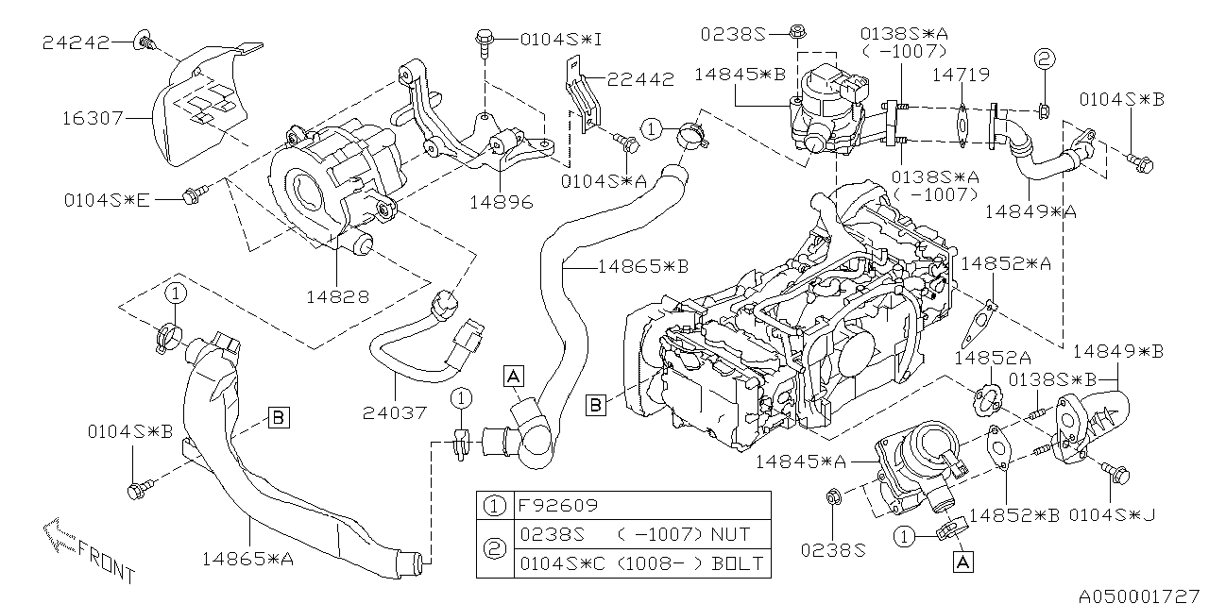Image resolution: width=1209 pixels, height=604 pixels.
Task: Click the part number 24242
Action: coord(75,42)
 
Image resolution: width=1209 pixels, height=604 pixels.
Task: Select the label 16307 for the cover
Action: coord(92,119)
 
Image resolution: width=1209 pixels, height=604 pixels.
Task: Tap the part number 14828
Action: coord(336,296)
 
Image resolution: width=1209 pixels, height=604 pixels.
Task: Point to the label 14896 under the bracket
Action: coord(501,202)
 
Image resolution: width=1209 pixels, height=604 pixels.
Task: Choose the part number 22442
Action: coord(641,80)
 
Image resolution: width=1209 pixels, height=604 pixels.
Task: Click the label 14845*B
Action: coord(740,75)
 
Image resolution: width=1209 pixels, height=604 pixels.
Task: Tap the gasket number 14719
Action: coord(962,74)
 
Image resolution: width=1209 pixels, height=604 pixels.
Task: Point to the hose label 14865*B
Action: coord(642,267)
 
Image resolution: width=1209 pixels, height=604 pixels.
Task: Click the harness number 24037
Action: coord(395,412)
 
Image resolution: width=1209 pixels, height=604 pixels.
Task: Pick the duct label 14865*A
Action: coord(247,559)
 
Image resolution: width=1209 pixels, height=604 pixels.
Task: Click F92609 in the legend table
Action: coord(557,505)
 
